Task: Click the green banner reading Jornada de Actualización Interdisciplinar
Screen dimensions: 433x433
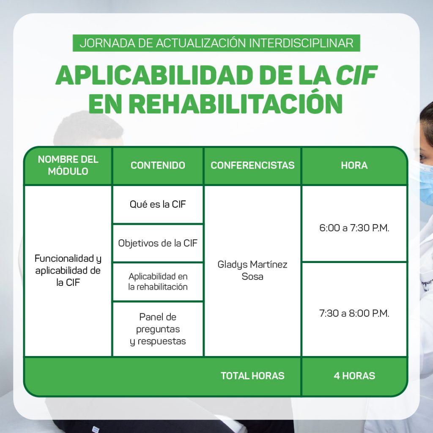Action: pyautogui.click(x=216, y=43)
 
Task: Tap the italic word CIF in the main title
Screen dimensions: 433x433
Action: pyautogui.click(x=356, y=75)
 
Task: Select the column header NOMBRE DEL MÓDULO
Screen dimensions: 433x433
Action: pyautogui.click(x=68, y=165)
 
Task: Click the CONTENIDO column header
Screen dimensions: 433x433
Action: pyautogui.click(x=158, y=165)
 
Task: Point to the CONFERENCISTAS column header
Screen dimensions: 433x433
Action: pyautogui.click(x=252, y=165)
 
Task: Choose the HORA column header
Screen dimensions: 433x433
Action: pyautogui.click(x=354, y=165)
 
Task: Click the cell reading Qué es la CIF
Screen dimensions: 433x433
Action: pyautogui.click(x=158, y=204)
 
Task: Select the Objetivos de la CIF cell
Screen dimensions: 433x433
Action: pyautogui.click(x=158, y=243)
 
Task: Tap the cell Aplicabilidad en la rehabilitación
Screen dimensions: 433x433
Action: pyautogui.click(x=158, y=281)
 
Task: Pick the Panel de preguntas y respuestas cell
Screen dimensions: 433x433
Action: pyautogui.click(x=158, y=329)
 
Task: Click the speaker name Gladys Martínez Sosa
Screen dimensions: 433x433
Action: pyautogui.click(x=252, y=270)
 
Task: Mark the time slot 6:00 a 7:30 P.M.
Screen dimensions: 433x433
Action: pyautogui.click(x=354, y=228)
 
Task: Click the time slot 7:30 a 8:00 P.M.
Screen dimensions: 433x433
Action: pyautogui.click(x=354, y=313)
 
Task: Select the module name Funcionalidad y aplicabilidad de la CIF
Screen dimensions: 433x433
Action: pyautogui.click(x=68, y=270)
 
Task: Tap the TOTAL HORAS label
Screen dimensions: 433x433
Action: pyautogui.click(x=252, y=376)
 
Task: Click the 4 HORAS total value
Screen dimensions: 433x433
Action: pyautogui.click(x=354, y=376)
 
